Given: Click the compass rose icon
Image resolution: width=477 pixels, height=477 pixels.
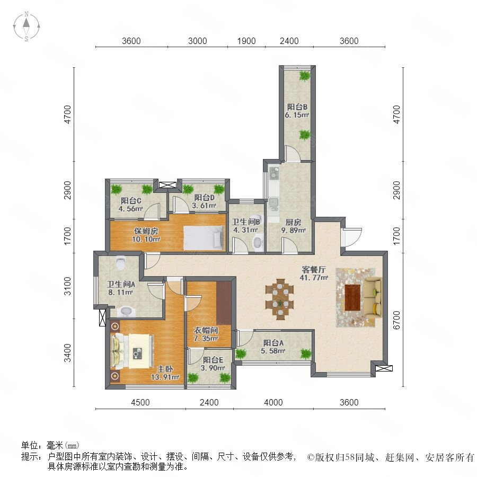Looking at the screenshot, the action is [x=26, y=26].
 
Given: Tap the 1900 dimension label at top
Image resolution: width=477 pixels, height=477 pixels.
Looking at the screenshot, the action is [x=246, y=41].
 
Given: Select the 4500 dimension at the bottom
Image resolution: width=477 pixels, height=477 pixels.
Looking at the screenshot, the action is [x=140, y=402].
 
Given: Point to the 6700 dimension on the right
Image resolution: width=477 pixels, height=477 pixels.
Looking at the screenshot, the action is [x=396, y=320].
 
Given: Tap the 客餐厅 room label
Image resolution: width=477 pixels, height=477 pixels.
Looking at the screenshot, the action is [x=314, y=270].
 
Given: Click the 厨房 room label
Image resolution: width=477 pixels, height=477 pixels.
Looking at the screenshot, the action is [x=293, y=223].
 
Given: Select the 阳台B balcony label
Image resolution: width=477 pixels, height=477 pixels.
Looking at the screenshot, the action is [x=297, y=107].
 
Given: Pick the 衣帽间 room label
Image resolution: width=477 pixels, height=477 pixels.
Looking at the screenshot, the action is [x=206, y=330].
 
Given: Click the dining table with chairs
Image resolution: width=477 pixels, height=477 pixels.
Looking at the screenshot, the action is [x=279, y=299].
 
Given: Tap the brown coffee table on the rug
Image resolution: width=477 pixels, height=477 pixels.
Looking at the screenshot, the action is [x=352, y=297].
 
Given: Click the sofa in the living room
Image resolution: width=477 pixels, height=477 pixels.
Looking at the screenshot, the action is [x=373, y=297].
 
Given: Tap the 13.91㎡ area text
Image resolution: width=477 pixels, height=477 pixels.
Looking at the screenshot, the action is [x=165, y=377].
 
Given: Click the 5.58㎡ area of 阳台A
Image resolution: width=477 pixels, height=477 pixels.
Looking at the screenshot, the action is [x=273, y=351].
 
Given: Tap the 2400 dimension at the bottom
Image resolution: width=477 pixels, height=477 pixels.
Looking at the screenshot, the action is [x=209, y=402].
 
